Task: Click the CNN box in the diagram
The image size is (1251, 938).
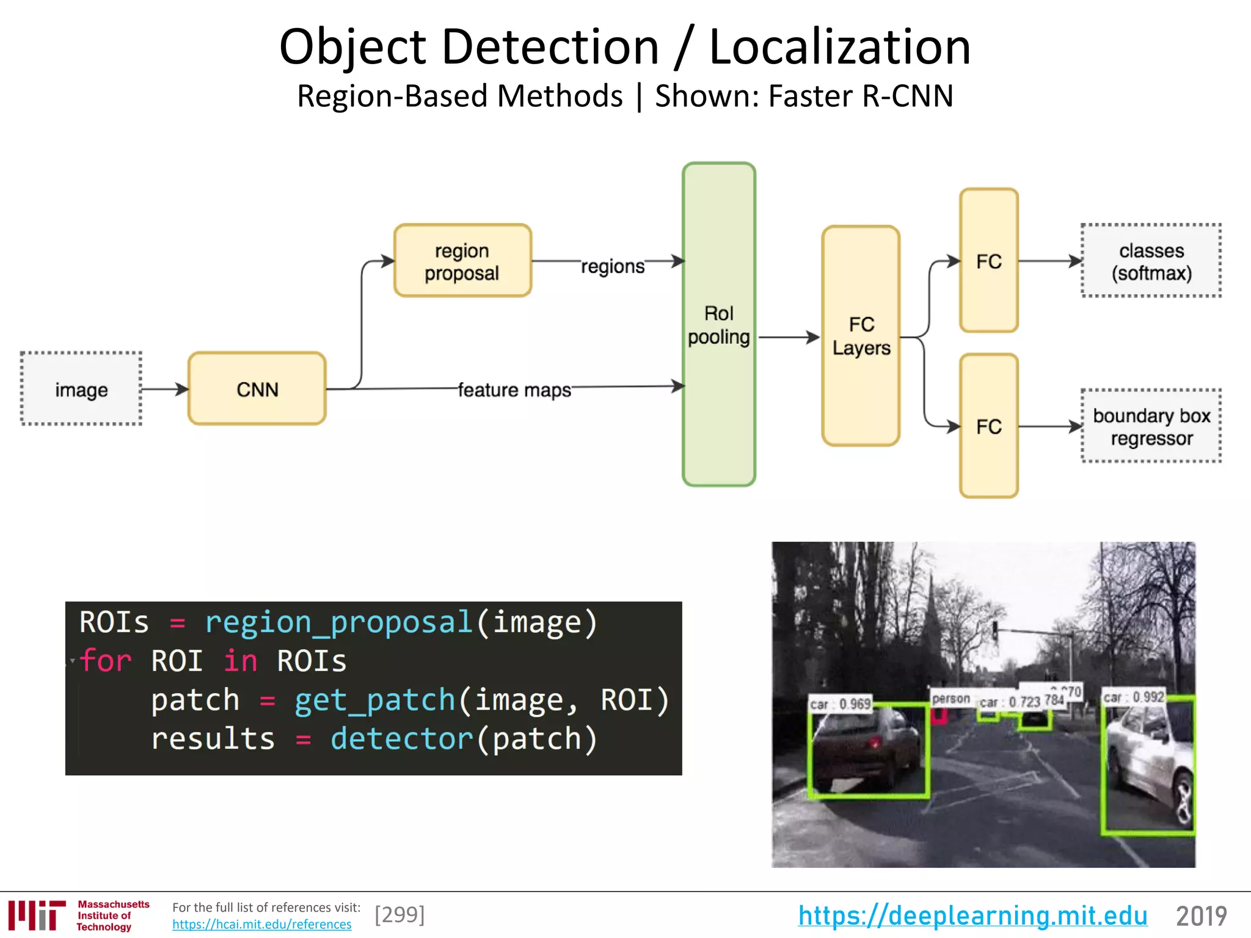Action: (x=257, y=389)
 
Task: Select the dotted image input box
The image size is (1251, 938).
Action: (x=81, y=389)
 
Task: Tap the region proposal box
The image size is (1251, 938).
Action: (x=462, y=261)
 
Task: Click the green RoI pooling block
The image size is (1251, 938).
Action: (x=719, y=325)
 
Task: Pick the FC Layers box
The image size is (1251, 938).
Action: (x=861, y=336)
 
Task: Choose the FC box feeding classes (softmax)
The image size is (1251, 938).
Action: (x=988, y=261)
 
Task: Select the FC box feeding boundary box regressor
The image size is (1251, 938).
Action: (x=988, y=426)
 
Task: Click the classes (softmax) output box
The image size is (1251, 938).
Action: (x=1151, y=261)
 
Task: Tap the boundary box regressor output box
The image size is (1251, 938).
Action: (x=1151, y=426)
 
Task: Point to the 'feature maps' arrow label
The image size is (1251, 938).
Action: (x=514, y=390)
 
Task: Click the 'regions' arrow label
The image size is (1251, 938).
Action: (x=613, y=266)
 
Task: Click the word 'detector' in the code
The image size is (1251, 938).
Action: (x=401, y=738)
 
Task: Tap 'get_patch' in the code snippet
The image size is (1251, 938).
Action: (x=374, y=700)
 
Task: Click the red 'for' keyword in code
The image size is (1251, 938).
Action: (x=105, y=661)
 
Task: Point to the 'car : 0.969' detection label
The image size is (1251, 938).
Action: (x=840, y=704)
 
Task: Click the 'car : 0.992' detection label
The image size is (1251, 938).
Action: (x=1134, y=697)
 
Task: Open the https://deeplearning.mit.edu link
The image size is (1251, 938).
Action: (x=972, y=915)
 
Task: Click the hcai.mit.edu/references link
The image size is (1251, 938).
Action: (x=261, y=925)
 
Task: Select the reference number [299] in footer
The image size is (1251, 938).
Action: (x=399, y=915)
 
